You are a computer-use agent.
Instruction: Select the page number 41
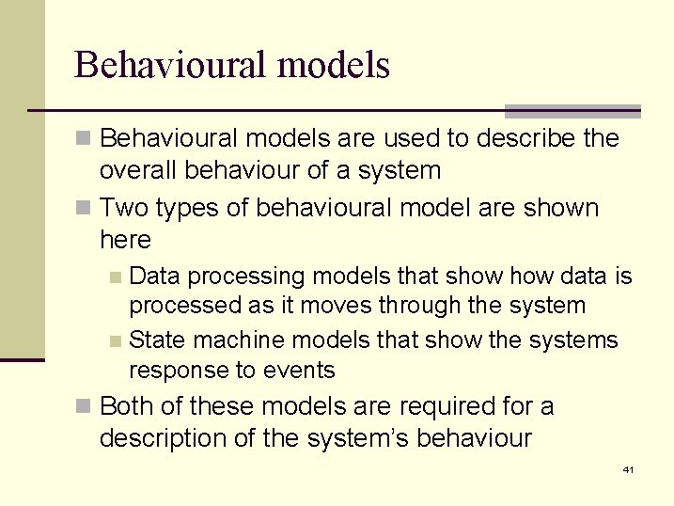(x=628, y=469)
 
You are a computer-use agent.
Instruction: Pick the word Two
(x=121, y=208)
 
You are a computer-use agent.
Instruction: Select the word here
(x=124, y=240)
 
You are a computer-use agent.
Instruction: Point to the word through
(x=423, y=306)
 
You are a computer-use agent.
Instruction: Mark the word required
(x=435, y=406)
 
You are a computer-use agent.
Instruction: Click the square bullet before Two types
(x=85, y=208)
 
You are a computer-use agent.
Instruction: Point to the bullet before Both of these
(x=85, y=407)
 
